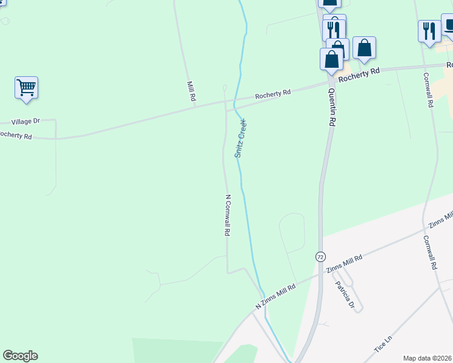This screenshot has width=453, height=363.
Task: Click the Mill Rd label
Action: pos(192,91)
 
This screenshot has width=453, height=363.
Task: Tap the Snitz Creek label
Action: pos(240,139)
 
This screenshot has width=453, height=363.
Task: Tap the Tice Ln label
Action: pos(383,344)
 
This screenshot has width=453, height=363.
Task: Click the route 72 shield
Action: pos(319,257)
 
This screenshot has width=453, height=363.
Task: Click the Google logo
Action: pos(20,356)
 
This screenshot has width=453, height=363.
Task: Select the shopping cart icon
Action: pos(27,88)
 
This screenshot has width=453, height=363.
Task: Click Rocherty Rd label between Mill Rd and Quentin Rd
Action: pos(273,94)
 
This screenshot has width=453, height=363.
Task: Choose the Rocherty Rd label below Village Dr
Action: pos(15,135)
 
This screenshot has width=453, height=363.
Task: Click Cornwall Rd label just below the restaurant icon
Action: pos(428,90)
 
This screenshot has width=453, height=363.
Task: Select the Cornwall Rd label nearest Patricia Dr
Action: pos(431,252)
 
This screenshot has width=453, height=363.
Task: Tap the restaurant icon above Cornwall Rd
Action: pos(429,31)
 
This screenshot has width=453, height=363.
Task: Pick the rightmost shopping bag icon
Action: pos(364,47)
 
